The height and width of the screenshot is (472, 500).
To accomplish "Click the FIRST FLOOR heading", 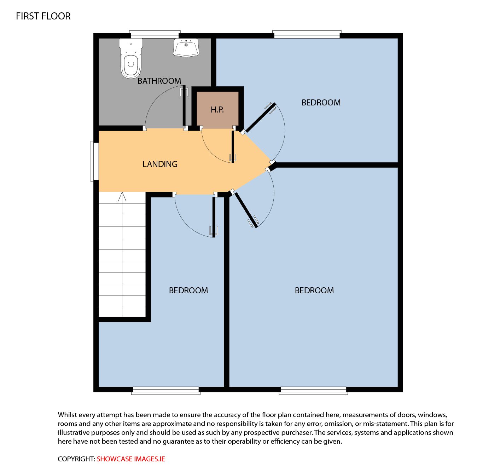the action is [43, 16].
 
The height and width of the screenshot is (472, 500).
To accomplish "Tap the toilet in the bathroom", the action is [131, 58].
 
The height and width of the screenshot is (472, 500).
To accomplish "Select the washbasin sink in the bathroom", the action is [186, 47].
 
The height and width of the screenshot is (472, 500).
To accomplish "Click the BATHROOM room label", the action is [159, 81].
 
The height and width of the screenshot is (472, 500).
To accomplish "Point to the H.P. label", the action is [217, 110].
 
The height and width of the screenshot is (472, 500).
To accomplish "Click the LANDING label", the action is [160, 164].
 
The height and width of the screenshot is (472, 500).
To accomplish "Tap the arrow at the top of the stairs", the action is [122, 197].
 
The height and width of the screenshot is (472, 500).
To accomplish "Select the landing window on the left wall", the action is [95, 161].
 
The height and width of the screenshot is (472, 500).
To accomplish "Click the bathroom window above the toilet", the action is [155, 35].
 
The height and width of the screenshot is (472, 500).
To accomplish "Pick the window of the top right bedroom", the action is [307, 35].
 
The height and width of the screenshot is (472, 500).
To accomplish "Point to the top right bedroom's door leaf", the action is [260, 117].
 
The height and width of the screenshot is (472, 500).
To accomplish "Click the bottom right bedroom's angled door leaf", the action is [245, 210].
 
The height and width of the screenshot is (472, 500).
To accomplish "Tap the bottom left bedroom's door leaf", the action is [214, 217].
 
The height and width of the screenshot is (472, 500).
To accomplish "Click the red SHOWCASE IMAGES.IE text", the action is [131, 459].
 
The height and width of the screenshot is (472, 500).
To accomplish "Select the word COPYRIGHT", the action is [76, 459].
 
